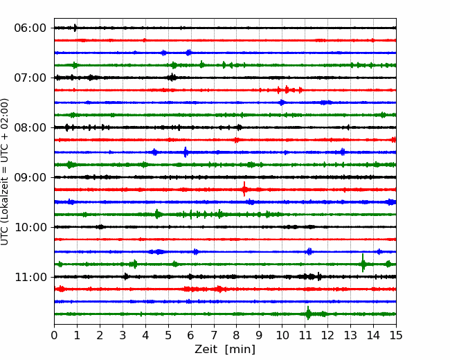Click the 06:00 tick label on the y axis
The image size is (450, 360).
tap(30, 28)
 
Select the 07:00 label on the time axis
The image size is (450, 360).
tap(30, 78)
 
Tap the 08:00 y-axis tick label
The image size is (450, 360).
tap(30, 127)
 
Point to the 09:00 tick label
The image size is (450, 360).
tap(30, 177)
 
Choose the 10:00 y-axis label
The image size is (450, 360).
tap(30, 227)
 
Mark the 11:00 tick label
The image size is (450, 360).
tap(30, 277)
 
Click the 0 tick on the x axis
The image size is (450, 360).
tap(54, 335)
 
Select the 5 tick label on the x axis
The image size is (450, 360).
tap(168, 335)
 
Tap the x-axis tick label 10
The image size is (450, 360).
tap(282, 335)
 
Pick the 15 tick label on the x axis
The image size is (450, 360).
tap(396, 335)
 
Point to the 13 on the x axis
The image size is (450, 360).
tap(350, 335)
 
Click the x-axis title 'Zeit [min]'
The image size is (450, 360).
tap(225, 350)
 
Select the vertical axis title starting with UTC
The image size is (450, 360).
tap(5, 172)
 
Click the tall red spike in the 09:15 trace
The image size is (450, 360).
tap(244, 189)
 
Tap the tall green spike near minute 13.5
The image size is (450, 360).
tap(363, 263)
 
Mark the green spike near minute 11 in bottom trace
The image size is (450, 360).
tap(308, 313)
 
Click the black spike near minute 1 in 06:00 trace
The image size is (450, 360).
tap(75, 28)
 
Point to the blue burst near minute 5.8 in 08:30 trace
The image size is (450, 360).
tap(186, 152)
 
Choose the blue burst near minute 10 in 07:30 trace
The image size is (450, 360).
tap(282, 102)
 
